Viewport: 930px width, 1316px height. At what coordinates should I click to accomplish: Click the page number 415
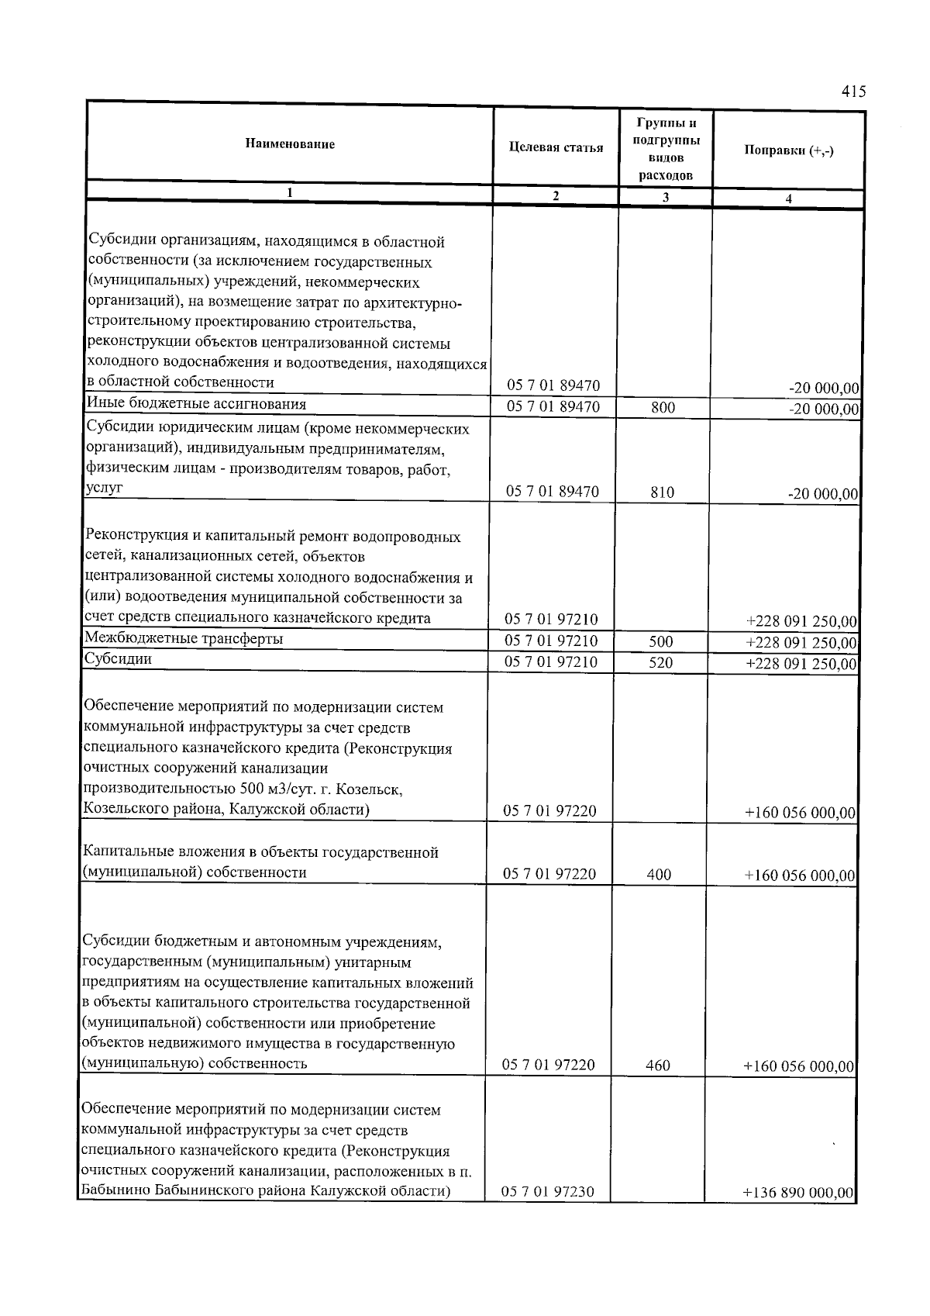click(852, 92)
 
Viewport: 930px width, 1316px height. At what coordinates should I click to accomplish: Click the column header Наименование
click(290, 144)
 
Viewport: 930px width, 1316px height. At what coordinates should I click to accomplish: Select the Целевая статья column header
click(556, 148)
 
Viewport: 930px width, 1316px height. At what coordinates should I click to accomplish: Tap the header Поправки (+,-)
click(788, 150)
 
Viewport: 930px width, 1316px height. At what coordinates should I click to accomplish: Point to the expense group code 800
click(663, 407)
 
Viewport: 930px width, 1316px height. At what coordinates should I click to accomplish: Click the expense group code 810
click(662, 492)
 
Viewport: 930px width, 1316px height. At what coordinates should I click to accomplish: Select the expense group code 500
click(660, 642)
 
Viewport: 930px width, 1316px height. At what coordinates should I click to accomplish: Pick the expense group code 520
click(660, 663)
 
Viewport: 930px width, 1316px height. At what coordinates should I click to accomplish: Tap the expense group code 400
click(658, 875)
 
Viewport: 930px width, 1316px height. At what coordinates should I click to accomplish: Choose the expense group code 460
click(657, 1066)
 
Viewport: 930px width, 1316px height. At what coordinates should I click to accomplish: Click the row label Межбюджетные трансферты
click(184, 639)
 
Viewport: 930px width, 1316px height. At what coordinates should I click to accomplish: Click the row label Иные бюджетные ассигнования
click(196, 404)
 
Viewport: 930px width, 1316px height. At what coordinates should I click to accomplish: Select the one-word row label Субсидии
click(118, 659)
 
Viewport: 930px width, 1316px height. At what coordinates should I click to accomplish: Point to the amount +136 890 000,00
click(798, 1193)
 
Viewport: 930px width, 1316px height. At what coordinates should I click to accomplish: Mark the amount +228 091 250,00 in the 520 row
click(801, 665)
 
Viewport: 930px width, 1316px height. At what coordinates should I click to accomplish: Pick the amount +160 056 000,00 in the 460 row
click(799, 1067)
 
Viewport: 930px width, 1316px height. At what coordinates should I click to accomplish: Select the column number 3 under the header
click(665, 198)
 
